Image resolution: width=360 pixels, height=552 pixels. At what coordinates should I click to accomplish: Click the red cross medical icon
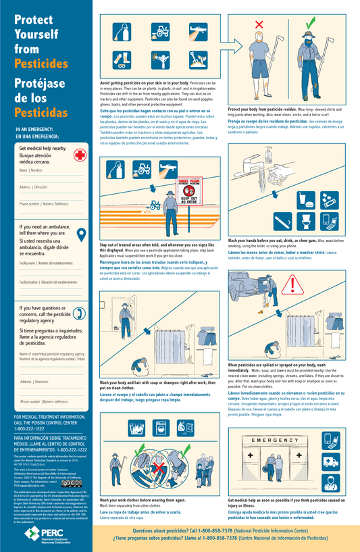(x=79, y=155)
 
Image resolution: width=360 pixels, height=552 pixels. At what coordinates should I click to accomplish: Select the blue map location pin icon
(x=79, y=234)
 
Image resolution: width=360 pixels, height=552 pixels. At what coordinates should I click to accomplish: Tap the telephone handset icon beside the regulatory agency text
(x=78, y=312)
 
